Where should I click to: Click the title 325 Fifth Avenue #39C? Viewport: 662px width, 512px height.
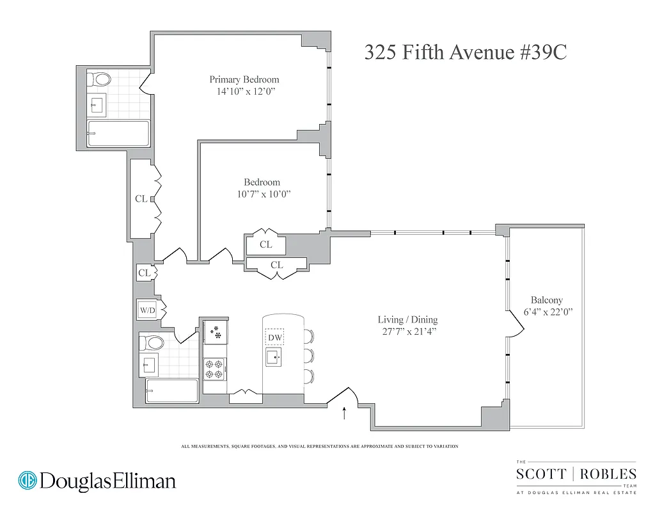click(465, 52)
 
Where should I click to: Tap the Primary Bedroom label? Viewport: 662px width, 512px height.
click(244, 79)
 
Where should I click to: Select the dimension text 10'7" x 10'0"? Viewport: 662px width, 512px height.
click(262, 195)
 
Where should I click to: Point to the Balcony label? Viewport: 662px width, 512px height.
click(546, 300)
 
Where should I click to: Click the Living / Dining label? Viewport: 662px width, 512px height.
click(407, 319)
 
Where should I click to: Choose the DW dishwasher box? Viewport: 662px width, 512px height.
click(274, 337)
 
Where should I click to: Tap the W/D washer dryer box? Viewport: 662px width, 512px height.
click(147, 310)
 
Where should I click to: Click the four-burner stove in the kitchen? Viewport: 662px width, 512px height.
click(214, 369)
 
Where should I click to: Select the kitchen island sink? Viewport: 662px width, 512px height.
click(274, 356)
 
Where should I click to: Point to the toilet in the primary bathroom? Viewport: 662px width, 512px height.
click(99, 80)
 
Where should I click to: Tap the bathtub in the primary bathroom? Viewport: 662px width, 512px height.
click(118, 133)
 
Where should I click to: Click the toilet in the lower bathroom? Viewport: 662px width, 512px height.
click(152, 342)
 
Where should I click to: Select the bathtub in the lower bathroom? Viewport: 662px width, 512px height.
click(171, 390)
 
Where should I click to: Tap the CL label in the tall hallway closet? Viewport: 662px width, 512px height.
click(141, 198)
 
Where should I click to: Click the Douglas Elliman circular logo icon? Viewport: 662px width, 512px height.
click(28, 480)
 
